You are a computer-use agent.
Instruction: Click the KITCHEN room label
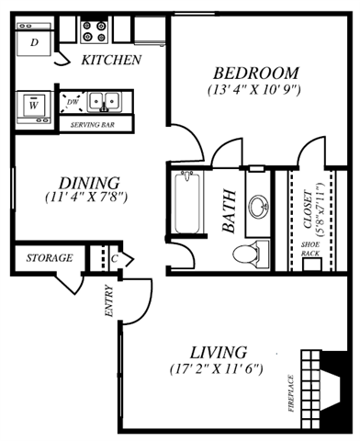click(x=111, y=61)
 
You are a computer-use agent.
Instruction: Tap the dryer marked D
click(x=34, y=42)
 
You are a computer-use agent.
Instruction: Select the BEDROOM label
click(x=256, y=73)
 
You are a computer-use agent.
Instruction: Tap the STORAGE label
click(x=49, y=258)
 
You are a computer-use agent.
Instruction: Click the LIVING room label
click(x=218, y=352)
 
